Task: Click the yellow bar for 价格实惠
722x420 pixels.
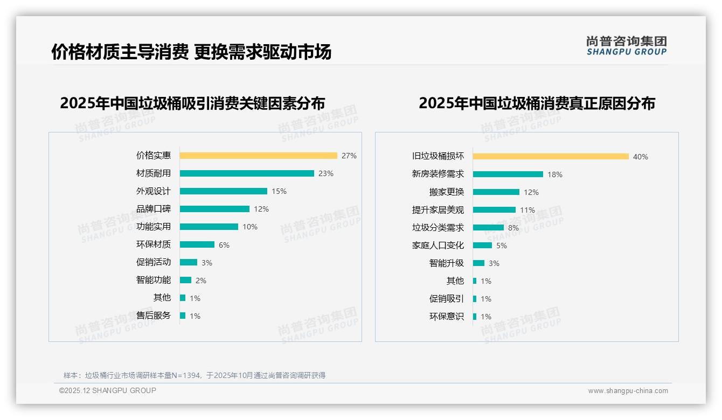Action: point(258,156)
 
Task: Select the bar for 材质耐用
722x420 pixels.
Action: point(247,173)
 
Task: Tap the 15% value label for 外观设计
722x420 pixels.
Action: point(279,191)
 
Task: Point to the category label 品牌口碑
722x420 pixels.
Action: point(154,209)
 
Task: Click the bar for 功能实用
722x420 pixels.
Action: point(209,227)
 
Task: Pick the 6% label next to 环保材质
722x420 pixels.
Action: point(224,245)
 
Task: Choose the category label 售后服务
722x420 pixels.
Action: point(154,316)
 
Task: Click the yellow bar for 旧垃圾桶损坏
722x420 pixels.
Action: point(551,157)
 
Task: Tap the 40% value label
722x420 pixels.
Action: point(641,157)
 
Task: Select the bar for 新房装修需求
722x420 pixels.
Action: point(508,174)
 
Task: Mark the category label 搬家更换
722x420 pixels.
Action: point(447,192)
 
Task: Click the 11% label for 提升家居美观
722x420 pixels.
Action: point(527,210)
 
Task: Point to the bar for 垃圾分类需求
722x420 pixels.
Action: point(488,228)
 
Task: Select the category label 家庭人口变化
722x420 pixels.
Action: point(438,246)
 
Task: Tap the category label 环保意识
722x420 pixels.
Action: point(447,317)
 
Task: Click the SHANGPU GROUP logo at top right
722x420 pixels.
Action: point(627,46)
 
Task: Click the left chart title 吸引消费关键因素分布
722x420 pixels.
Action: point(192,103)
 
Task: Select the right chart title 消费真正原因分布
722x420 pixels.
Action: point(537,103)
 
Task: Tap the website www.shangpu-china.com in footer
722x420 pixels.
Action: point(628,391)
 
